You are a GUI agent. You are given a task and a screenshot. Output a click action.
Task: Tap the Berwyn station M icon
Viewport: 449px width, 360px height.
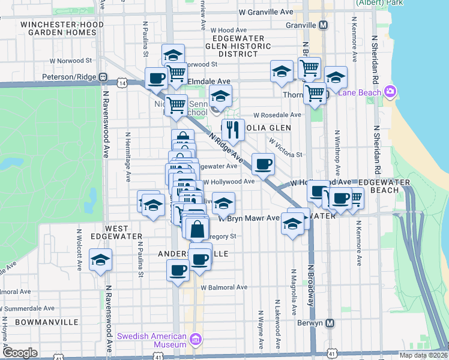[x=330, y=323]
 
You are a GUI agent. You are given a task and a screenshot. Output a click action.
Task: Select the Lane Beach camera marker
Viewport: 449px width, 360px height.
[x=391, y=92]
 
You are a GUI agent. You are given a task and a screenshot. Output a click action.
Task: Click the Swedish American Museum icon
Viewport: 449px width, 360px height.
[x=194, y=340]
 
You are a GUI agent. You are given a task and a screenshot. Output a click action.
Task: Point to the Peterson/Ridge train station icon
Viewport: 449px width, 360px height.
[x=103, y=77]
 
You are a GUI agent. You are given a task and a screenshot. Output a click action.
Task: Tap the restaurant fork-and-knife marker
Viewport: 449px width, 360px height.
[x=232, y=128]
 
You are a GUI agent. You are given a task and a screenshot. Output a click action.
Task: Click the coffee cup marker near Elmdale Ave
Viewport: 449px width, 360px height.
[x=156, y=77]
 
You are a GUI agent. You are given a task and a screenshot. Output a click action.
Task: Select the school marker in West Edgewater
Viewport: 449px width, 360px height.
[x=100, y=260]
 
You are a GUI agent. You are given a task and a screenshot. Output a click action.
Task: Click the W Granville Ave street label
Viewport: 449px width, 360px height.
[x=265, y=12]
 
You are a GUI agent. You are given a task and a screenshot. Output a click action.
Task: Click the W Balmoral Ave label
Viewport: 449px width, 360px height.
[x=224, y=287]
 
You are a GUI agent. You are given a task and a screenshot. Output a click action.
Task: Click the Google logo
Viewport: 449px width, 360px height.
[x=20, y=353]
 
